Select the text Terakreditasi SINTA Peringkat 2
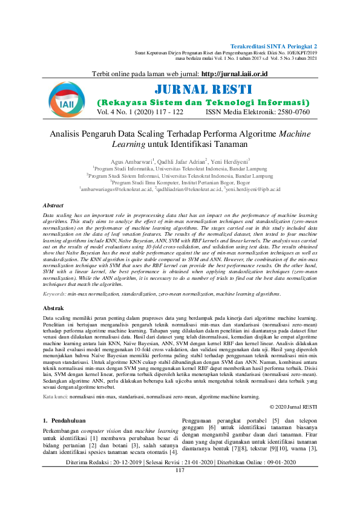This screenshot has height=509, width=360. [x=274, y=47]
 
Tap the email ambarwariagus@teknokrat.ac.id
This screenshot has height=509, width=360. [x=116, y=189]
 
